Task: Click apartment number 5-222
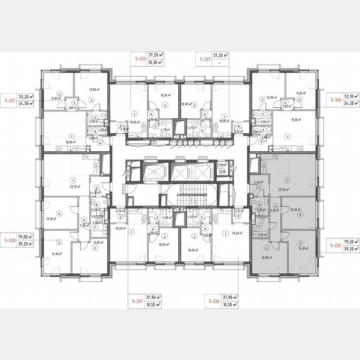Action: (x=140, y=59)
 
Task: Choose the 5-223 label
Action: (x=205, y=59)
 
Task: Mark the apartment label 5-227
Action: (x=134, y=301)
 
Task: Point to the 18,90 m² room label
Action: (x=70, y=142)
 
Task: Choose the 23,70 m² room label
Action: (x=75, y=187)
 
